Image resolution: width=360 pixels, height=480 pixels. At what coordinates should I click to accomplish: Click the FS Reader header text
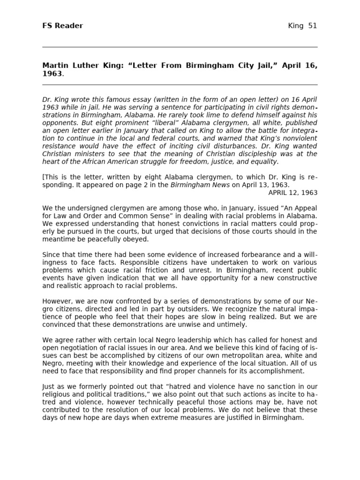click(x=62, y=26)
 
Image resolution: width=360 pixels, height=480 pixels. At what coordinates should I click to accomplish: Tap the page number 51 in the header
click(x=312, y=26)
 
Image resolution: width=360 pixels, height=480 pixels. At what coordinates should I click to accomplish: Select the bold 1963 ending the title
click(x=52, y=74)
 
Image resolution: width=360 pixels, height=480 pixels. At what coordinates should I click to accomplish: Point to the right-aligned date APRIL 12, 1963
click(x=292, y=193)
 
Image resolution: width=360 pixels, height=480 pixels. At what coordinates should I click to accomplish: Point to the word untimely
click(x=233, y=324)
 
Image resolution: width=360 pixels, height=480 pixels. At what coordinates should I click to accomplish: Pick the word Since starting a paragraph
click(x=51, y=255)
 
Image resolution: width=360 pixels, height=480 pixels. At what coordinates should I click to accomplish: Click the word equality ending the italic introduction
click(x=264, y=162)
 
